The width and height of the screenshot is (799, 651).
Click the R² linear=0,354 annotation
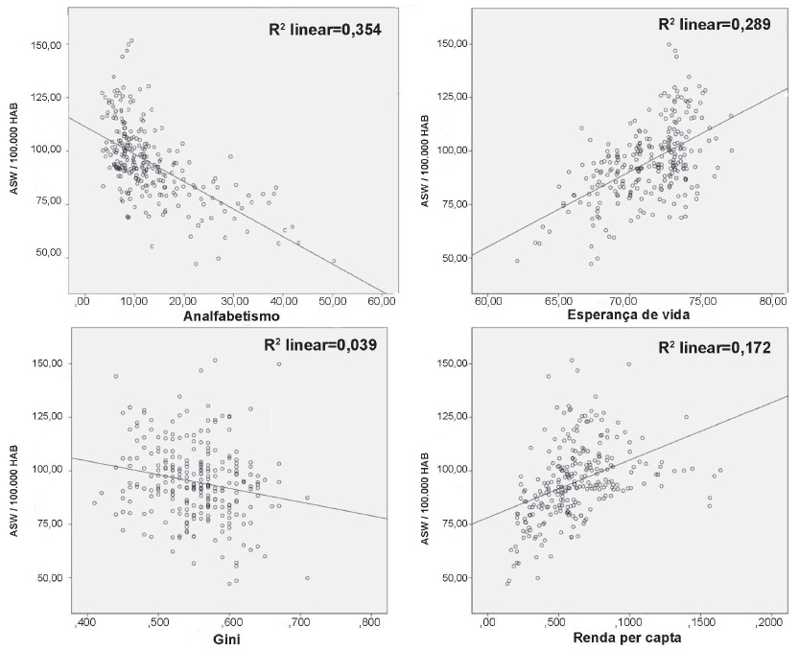click(324, 30)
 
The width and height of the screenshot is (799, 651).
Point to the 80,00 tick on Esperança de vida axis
click(771, 303)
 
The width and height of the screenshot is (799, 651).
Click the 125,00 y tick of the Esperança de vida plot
click(450, 97)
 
